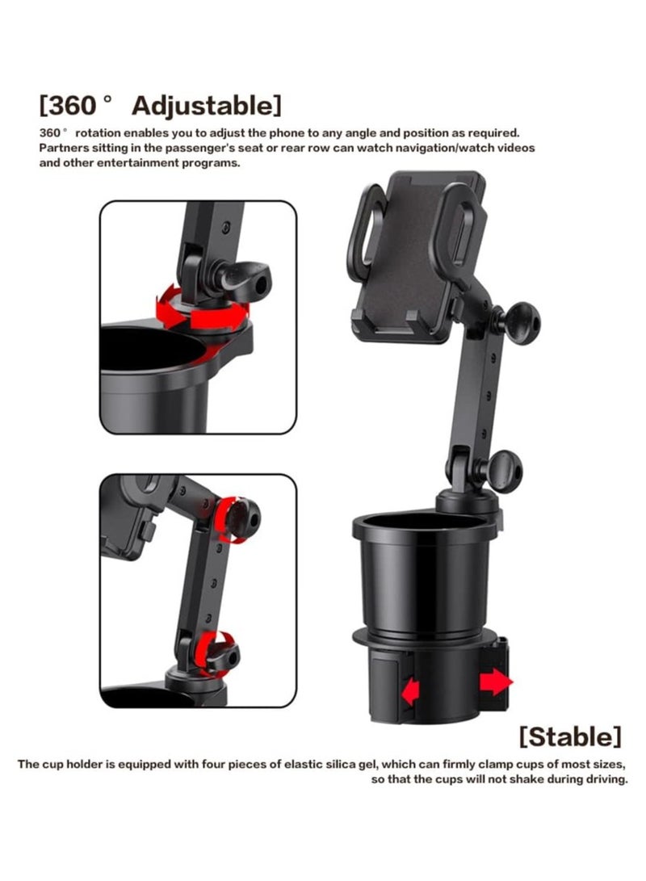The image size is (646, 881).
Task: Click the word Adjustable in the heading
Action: tap(207, 106)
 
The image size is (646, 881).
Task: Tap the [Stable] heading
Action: tap(570, 736)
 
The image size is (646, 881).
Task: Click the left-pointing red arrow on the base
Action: tap(411, 691)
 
